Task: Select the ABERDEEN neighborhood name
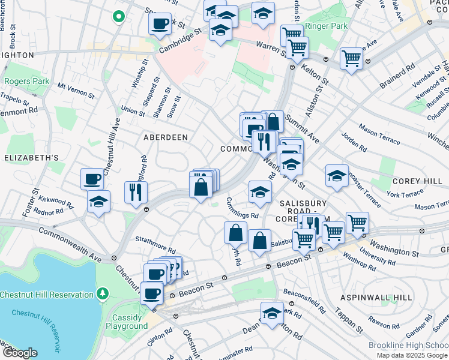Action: point(165,137)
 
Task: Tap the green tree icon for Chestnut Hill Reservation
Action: point(103,294)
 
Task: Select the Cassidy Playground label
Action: point(127,322)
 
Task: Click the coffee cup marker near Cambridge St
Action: point(160,25)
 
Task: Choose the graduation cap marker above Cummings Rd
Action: point(260,192)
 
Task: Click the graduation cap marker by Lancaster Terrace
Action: point(337,176)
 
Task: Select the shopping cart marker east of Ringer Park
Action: point(351,59)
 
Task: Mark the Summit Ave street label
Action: point(303,127)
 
